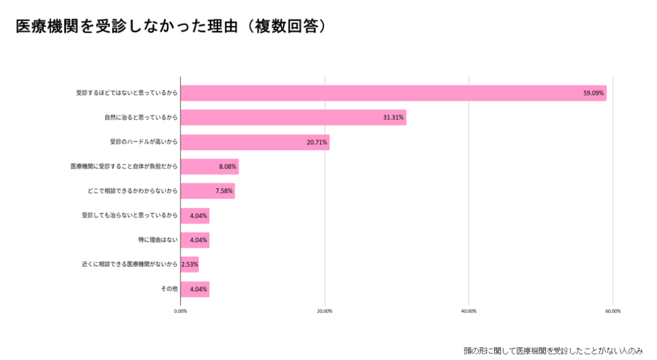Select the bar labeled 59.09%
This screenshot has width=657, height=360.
(393, 93)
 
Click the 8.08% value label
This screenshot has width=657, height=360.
(228, 167)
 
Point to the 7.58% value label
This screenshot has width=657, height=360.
(224, 191)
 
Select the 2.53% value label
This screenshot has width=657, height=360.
(190, 264)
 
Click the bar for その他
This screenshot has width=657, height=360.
(194, 289)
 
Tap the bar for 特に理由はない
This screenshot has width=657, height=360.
(194, 240)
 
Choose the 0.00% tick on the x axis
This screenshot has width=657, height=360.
(180, 311)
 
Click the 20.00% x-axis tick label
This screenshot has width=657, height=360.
(325, 311)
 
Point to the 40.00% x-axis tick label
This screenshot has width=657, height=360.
(468, 311)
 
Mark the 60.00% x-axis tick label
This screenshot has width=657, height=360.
(613, 311)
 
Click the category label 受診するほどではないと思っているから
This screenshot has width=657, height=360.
(126, 93)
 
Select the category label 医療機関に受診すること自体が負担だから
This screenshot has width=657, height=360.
(123, 167)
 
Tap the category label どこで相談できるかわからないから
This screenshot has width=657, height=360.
(132, 191)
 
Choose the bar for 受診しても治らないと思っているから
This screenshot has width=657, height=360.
(194, 216)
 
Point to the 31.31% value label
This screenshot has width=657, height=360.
(393, 118)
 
